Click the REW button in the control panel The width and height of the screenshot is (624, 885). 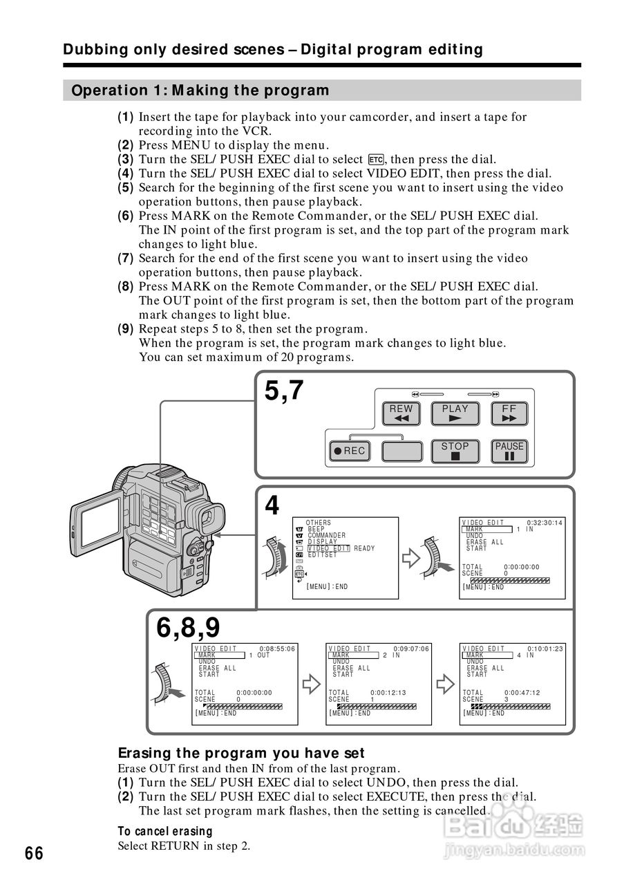401,413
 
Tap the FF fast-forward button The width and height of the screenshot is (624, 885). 509,413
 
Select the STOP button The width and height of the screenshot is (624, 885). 455,451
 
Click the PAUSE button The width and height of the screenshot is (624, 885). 509,451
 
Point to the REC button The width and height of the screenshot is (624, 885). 348,451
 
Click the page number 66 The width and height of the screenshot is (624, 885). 34,853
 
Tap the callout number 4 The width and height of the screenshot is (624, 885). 272,507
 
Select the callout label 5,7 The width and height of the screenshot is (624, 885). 283,391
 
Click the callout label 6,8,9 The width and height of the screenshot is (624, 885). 188,628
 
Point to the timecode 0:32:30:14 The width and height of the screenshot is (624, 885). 545,523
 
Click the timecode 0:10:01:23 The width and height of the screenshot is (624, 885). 545,649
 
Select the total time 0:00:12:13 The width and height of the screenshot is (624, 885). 388,693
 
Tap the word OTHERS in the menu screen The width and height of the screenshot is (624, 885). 318,523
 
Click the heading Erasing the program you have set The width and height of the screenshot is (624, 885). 241,753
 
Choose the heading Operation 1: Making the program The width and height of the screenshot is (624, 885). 200,91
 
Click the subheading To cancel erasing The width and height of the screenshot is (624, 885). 164,831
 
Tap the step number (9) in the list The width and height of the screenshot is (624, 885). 125,329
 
